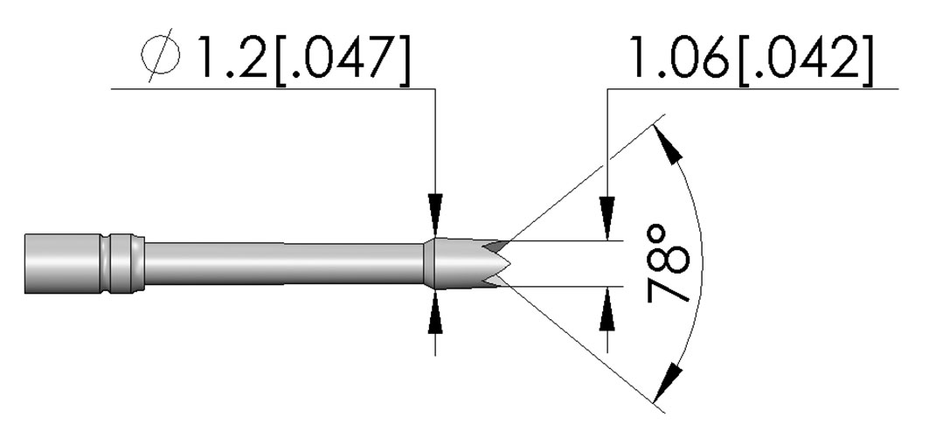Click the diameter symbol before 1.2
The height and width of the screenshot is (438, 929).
pos(161,54)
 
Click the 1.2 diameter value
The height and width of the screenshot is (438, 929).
pos(232,57)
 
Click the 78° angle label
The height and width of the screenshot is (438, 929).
pos(669,263)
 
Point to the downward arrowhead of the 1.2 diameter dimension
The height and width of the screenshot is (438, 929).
pos(435,214)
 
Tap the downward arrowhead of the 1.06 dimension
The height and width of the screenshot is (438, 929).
pos(607,219)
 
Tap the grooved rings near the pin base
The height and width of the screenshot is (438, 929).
pos(123,264)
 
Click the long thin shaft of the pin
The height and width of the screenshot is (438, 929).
pos(284,264)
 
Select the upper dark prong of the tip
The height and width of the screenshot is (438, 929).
pos(496,245)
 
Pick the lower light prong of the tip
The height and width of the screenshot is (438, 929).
pos(494,282)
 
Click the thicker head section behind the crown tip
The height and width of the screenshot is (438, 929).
pos(454,264)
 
